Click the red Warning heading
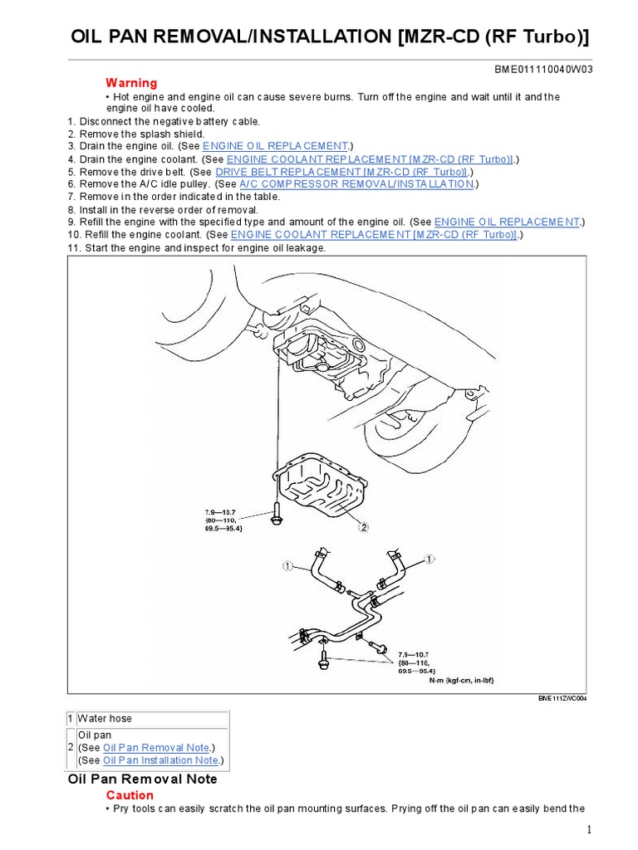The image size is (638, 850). click(x=130, y=83)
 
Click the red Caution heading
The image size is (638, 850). click(x=129, y=795)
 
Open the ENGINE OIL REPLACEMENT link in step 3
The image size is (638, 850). click(x=274, y=146)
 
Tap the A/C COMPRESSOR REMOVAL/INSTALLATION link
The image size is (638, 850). click(x=357, y=183)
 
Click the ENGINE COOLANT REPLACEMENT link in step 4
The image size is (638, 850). click(x=370, y=159)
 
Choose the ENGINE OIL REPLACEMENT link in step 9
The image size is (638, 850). click(x=507, y=222)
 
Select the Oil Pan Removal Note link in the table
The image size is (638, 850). click(x=158, y=747)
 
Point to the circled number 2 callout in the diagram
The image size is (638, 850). click(x=363, y=525)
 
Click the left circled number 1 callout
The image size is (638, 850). click(x=287, y=567)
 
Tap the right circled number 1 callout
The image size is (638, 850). click(x=429, y=560)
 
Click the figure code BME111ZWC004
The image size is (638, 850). click(x=562, y=699)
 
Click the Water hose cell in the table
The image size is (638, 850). click(x=106, y=718)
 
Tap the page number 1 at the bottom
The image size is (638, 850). click(x=588, y=829)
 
